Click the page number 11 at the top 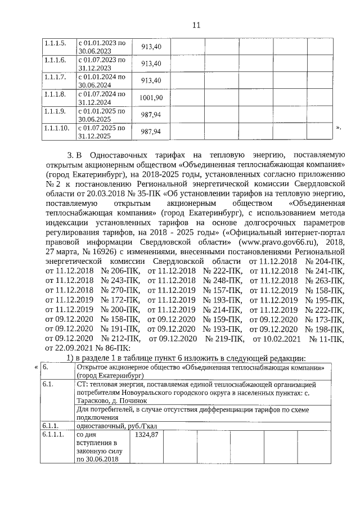(x=196, y=25)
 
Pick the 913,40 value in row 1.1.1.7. (x=151, y=80)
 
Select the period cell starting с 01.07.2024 (x=101, y=98)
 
